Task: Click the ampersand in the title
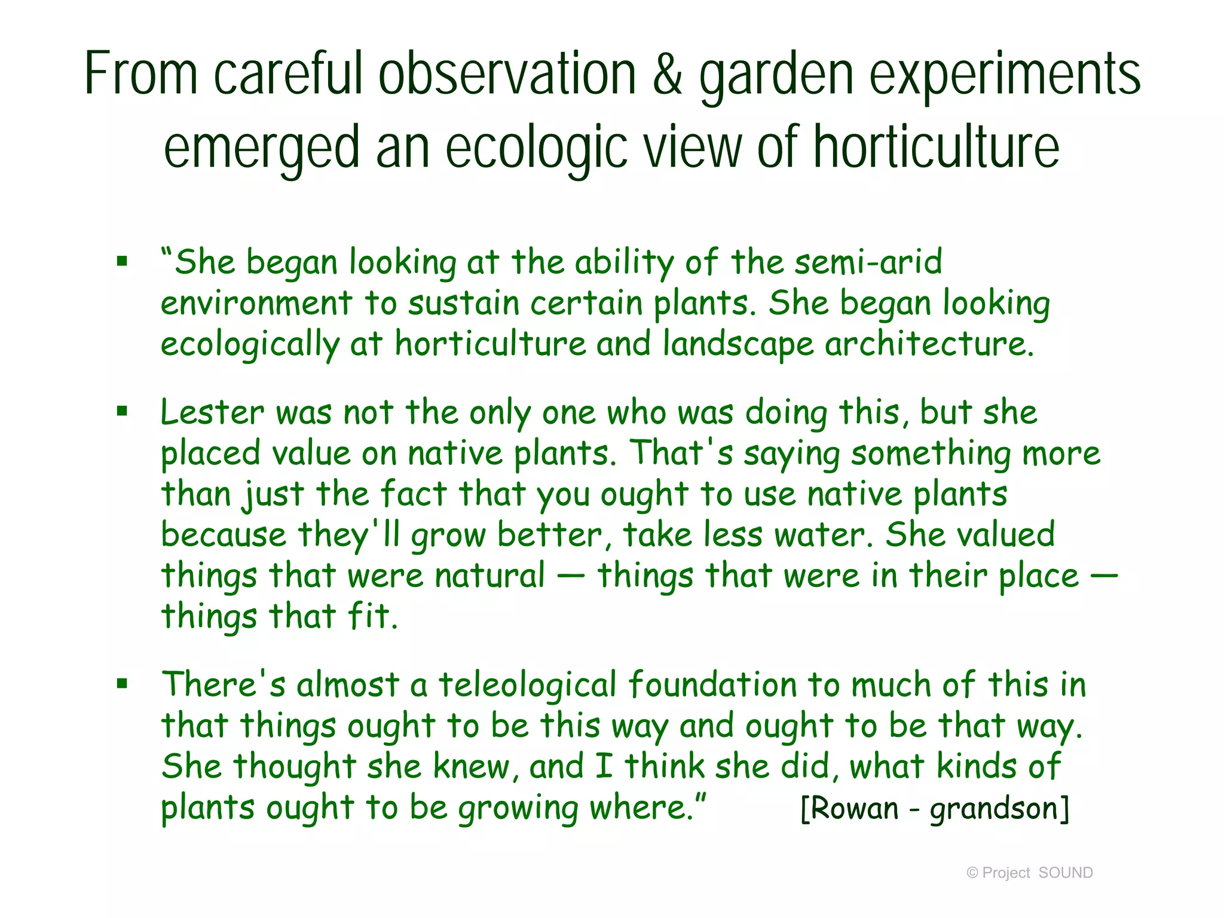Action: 668,74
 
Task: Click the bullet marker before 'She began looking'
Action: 123,261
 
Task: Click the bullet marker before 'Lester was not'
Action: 123,411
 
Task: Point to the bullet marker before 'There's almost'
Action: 123,683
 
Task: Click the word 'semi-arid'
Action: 868,262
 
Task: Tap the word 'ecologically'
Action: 250,345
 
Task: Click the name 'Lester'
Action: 212,412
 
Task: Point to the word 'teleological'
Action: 527,686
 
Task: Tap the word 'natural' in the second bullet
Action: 489,576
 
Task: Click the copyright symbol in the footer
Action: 972,873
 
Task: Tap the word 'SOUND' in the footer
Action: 1066,873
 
